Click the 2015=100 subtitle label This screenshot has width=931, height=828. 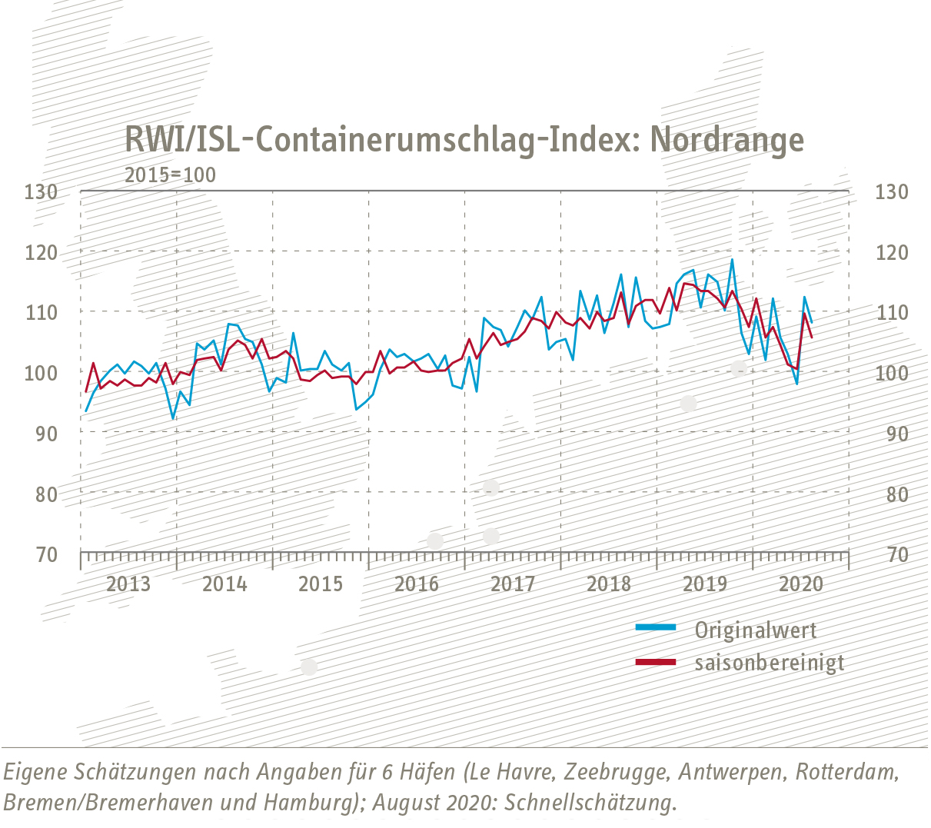tap(170, 175)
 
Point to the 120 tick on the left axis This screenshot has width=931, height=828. tap(41, 252)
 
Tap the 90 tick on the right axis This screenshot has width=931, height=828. tap(891, 434)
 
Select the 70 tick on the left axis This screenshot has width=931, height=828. tap(45, 554)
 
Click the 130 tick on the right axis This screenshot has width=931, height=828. tap(891, 191)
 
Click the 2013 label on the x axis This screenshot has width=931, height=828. tap(128, 584)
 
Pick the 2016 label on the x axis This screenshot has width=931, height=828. tap(417, 584)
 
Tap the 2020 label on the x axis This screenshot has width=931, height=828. tap(801, 584)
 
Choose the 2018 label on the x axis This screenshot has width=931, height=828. tap(609, 584)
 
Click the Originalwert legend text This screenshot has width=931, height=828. tap(755, 630)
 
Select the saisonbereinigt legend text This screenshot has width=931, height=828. tap(769, 662)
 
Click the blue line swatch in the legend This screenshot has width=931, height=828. tap(655, 628)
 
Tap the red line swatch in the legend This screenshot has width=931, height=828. tap(655, 661)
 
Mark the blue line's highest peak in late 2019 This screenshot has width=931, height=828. tap(732, 259)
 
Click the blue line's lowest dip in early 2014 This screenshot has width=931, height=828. tap(173, 418)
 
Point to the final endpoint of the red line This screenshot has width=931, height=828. tap(813, 338)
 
